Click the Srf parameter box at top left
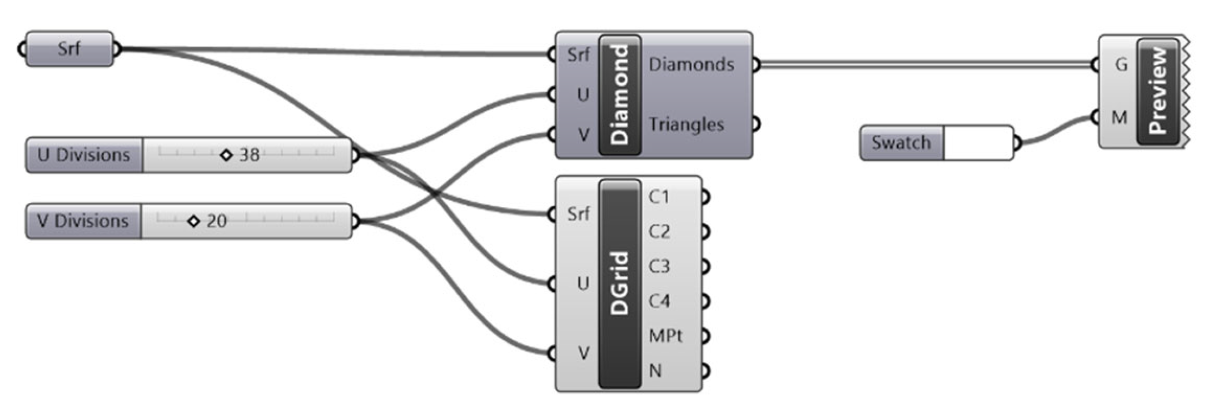tap(69, 49)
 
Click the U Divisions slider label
tap(84, 155)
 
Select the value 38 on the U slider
tap(249, 155)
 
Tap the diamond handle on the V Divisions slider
tap(193, 221)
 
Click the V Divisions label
tap(83, 221)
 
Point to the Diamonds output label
tap(691, 64)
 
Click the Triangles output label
tap(686, 124)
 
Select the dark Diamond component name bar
tap(620, 95)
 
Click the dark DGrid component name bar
tap(620, 283)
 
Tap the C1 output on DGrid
tap(659, 197)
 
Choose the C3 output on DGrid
tap(659, 266)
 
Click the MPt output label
tap(665, 336)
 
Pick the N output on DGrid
tap(656, 371)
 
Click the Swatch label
tap(901, 143)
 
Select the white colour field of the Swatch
tap(977, 143)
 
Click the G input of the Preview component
tap(1121, 65)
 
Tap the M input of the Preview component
tap(1119, 117)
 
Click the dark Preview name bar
tap(1158, 91)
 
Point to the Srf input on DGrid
tap(578, 213)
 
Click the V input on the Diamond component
tap(583, 134)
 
